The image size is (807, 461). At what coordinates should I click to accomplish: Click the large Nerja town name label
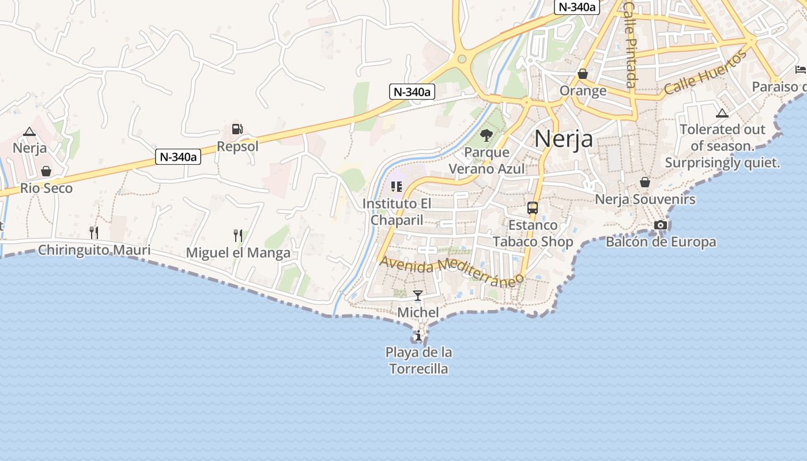563,139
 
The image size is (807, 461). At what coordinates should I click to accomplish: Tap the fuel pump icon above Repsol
237,130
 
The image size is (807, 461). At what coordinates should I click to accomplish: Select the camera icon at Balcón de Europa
661,225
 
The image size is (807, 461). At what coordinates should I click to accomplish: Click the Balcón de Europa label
661,242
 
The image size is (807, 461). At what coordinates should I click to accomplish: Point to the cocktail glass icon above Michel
418,296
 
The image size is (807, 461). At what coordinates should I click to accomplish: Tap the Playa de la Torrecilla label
418,360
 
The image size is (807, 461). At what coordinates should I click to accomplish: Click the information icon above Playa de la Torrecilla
418,335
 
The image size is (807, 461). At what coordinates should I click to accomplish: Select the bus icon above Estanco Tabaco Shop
533,208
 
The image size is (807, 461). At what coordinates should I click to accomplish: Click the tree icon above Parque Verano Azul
487,135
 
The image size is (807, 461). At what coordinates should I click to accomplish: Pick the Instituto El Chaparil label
397,211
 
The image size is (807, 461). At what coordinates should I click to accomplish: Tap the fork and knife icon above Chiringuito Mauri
93,232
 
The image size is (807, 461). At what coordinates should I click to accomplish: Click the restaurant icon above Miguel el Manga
237,235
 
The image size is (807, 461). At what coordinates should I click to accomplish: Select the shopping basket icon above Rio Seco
46,171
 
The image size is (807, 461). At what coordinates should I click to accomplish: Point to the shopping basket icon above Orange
583,74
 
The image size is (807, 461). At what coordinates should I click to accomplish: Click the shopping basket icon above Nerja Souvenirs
645,182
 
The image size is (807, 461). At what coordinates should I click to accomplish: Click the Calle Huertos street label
706,73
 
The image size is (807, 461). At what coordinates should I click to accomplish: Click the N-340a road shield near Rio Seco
178,156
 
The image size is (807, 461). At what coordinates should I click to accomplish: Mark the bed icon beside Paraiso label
800,70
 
